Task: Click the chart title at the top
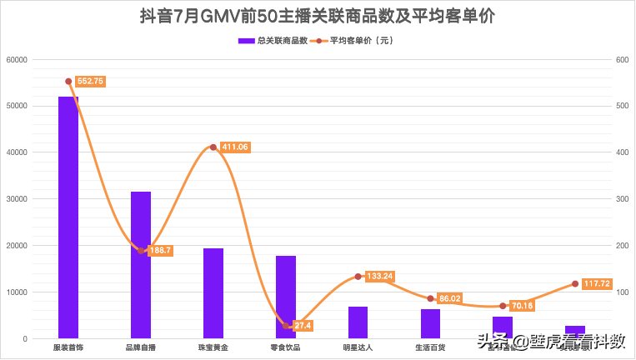[318, 17]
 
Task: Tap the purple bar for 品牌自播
[141, 265]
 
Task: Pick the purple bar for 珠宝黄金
[213, 293]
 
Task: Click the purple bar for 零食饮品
[286, 297]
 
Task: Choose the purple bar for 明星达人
[358, 322]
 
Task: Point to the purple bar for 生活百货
[430, 323]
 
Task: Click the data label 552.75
[90, 81]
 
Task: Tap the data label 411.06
[234, 147]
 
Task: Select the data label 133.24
[379, 276]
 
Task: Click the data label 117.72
[596, 284]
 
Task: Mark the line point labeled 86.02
[430, 298]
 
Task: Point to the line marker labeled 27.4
[286, 326]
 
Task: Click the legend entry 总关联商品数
[273, 40]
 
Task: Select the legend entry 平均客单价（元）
[355, 40]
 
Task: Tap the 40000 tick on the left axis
[17, 152]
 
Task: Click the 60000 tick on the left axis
[17, 59]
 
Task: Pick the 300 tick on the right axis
[622, 199]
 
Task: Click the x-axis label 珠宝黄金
[213, 347]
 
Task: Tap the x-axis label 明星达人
[358, 347]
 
